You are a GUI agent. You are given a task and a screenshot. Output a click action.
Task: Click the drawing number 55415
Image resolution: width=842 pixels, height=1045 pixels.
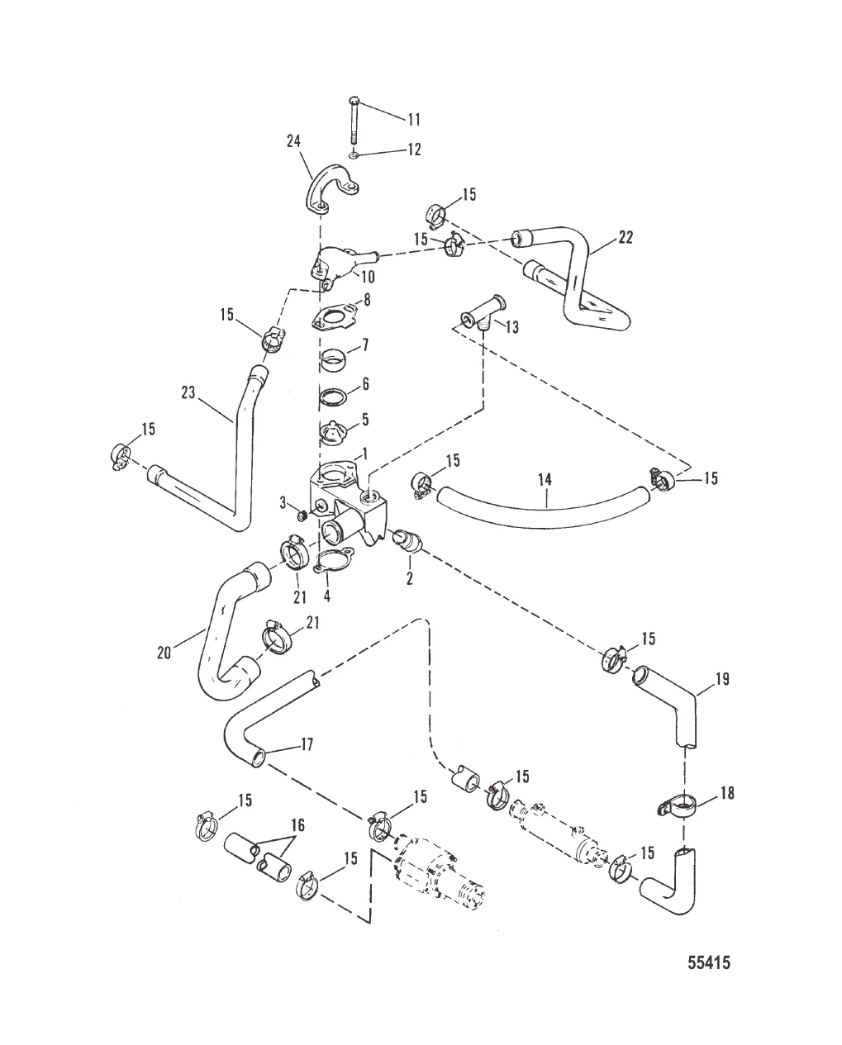point(708,962)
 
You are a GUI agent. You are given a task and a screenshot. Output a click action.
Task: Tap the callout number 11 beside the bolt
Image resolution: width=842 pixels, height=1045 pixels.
point(413,119)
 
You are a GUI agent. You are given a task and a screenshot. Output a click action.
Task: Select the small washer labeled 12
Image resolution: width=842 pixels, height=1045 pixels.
point(354,154)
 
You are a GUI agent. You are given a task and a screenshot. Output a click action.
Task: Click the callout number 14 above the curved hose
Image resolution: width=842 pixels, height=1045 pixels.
point(545,478)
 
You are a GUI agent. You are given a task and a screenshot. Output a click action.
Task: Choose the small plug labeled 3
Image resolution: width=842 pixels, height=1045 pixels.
point(303,516)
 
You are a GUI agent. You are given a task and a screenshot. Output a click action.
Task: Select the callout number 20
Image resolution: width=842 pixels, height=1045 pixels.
point(164,653)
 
